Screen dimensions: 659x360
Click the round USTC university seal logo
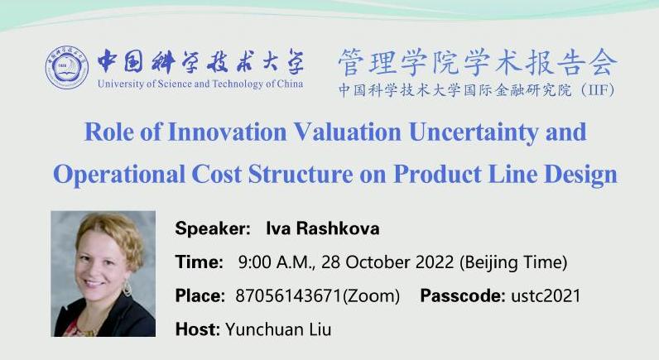click(x=67, y=68)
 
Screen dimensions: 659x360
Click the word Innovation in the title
click(x=228, y=132)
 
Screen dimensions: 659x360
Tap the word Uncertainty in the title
click(x=474, y=132)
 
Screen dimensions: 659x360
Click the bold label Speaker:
click(x=213, y=229)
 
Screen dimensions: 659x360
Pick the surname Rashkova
click(x=338, y=228)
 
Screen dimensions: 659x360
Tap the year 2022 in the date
click(x=435, y=262)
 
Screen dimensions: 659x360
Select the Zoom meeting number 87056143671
click(x=289, y=295)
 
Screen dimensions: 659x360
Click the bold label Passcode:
click(x=463, y=295)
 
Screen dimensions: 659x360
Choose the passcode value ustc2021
click(x=546, y=295)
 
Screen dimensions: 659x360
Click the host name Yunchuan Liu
click(x=278, y=329)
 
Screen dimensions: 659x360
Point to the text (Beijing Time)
click(x=513, y=262)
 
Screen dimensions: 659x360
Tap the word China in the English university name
click(x=290, y=84)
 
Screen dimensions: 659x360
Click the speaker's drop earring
click(x=127, y=289)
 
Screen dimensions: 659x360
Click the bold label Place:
click(x=200, y=295)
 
